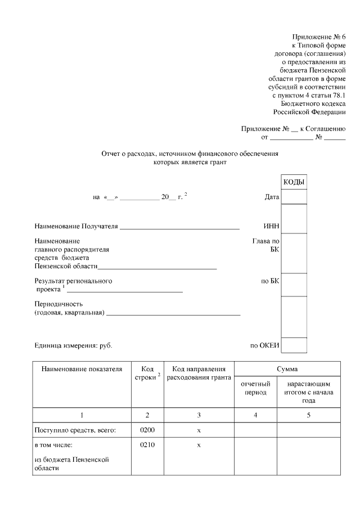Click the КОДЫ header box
[294, 182]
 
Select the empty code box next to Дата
[294, 197]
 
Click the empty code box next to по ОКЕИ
[294, 345]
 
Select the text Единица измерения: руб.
[77, 345]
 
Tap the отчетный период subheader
[255, 388]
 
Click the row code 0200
[147, 430]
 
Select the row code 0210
[147, 445]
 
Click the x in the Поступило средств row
[199, 430]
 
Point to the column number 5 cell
[308, 415]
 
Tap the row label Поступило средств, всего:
[75, 430]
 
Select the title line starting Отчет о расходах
[190, 153]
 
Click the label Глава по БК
[266, 245]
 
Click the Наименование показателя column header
[82, 369]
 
